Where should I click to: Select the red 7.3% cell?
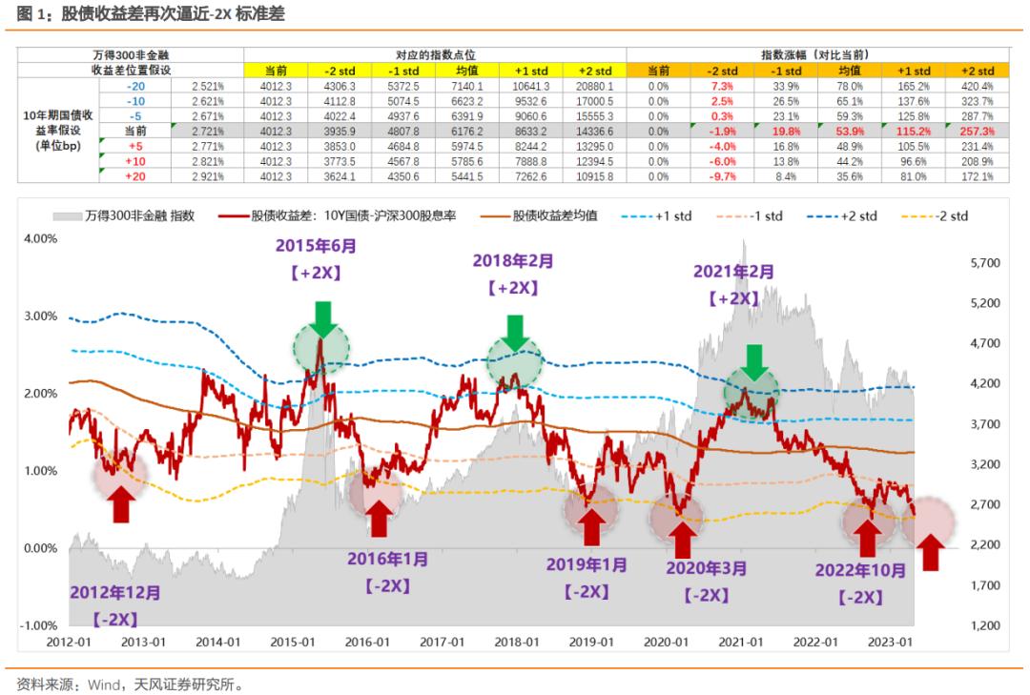(x=722, y=87)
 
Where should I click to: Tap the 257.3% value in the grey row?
(x=978, y=130)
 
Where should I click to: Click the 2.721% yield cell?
(x=207, y=130)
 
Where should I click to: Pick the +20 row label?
(x=136, y=177)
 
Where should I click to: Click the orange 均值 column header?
(x=850, y=72)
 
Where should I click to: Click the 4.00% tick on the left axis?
(x=37, y=237)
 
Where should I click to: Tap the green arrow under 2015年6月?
(x=322, y=317)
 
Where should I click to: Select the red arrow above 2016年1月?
(x=378, y=518)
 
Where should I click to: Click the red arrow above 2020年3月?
(x=682, y=540)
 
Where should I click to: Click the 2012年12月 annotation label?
(x=115, y=593)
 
